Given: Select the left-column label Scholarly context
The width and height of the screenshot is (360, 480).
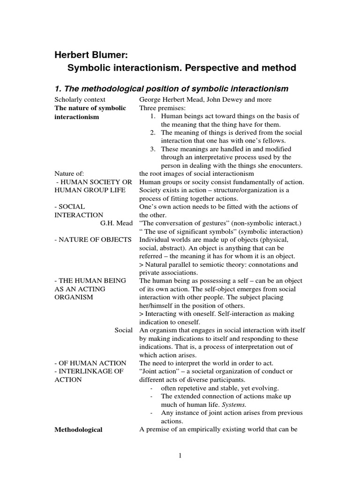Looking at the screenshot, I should point(80,99).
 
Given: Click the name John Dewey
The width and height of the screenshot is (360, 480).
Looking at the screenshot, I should point(222,99).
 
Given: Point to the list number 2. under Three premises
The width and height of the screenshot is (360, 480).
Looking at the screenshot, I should point(153,133).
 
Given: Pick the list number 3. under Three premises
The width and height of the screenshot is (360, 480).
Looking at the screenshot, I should point(153,149).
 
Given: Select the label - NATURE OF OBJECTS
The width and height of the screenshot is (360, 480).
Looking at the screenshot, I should point(93,240).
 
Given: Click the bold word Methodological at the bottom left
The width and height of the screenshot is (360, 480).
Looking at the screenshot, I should point(79,429).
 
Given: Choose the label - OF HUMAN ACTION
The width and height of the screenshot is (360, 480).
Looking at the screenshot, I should point(90,363).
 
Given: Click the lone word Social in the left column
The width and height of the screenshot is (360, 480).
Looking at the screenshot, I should point(124,330).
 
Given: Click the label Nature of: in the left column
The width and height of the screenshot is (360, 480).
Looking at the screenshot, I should point(69,173).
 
